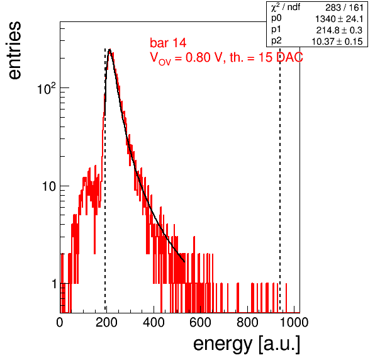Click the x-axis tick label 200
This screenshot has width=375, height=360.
tap(106, 322)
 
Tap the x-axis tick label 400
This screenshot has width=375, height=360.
tap(154, 322)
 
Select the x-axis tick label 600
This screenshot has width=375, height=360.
tap(200, 322)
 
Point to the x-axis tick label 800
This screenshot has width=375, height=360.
tap(247, 322)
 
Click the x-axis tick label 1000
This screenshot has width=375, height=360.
tap(293, 322)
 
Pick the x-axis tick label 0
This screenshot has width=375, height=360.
tap(60, 322)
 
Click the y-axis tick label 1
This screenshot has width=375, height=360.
tap(55, 284)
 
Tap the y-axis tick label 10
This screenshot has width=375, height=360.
tap(50, 186)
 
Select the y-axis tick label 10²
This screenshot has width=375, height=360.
tap(47, 89)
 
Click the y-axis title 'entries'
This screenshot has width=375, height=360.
tap(14, 50)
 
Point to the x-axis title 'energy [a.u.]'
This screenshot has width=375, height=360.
tap(247, 345)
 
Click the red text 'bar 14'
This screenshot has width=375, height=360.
tap(168, 43)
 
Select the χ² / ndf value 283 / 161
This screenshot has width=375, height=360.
tap(344, 8)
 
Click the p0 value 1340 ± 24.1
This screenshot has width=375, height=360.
tap(339, 19)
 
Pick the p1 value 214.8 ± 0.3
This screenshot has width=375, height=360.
tap(340, 30)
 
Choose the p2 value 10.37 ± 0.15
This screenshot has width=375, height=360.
tap(337, 42)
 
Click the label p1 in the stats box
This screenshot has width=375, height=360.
tap(276, 30)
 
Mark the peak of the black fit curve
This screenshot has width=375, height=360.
tap(109, 50)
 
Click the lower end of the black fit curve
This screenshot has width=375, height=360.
tap(184, 262)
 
